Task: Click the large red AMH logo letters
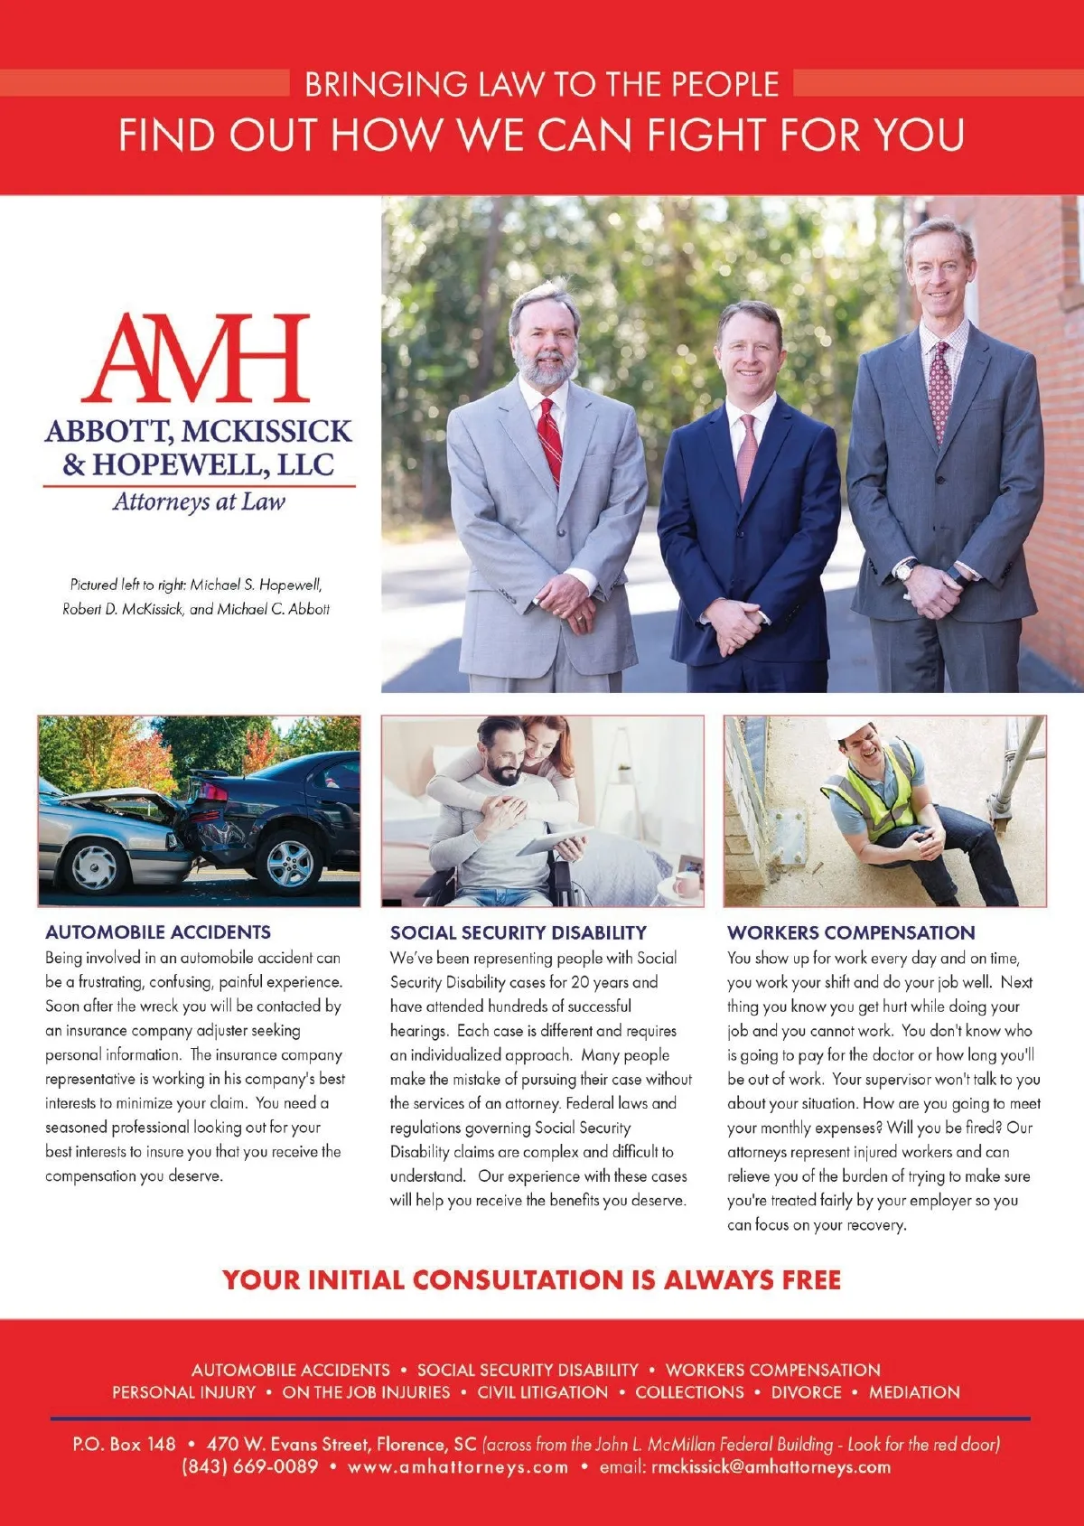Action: tap(197, 359)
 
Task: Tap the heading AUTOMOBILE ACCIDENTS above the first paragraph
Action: tap(158, 932)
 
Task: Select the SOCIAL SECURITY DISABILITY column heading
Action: tap(519, 932)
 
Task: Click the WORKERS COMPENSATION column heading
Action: tap(851, 932)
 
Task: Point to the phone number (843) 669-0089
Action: tap(250, 1466)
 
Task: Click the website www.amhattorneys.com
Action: tap(458, 1466)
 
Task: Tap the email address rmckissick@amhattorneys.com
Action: tap(771, 1466)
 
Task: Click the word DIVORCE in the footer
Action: tap(806, 1392)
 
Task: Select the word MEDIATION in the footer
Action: tap(914, 1392)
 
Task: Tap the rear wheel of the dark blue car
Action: tap(289, 863)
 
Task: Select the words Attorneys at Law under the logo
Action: tap(199, 502)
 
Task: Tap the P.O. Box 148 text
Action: tap(124, 1444)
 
